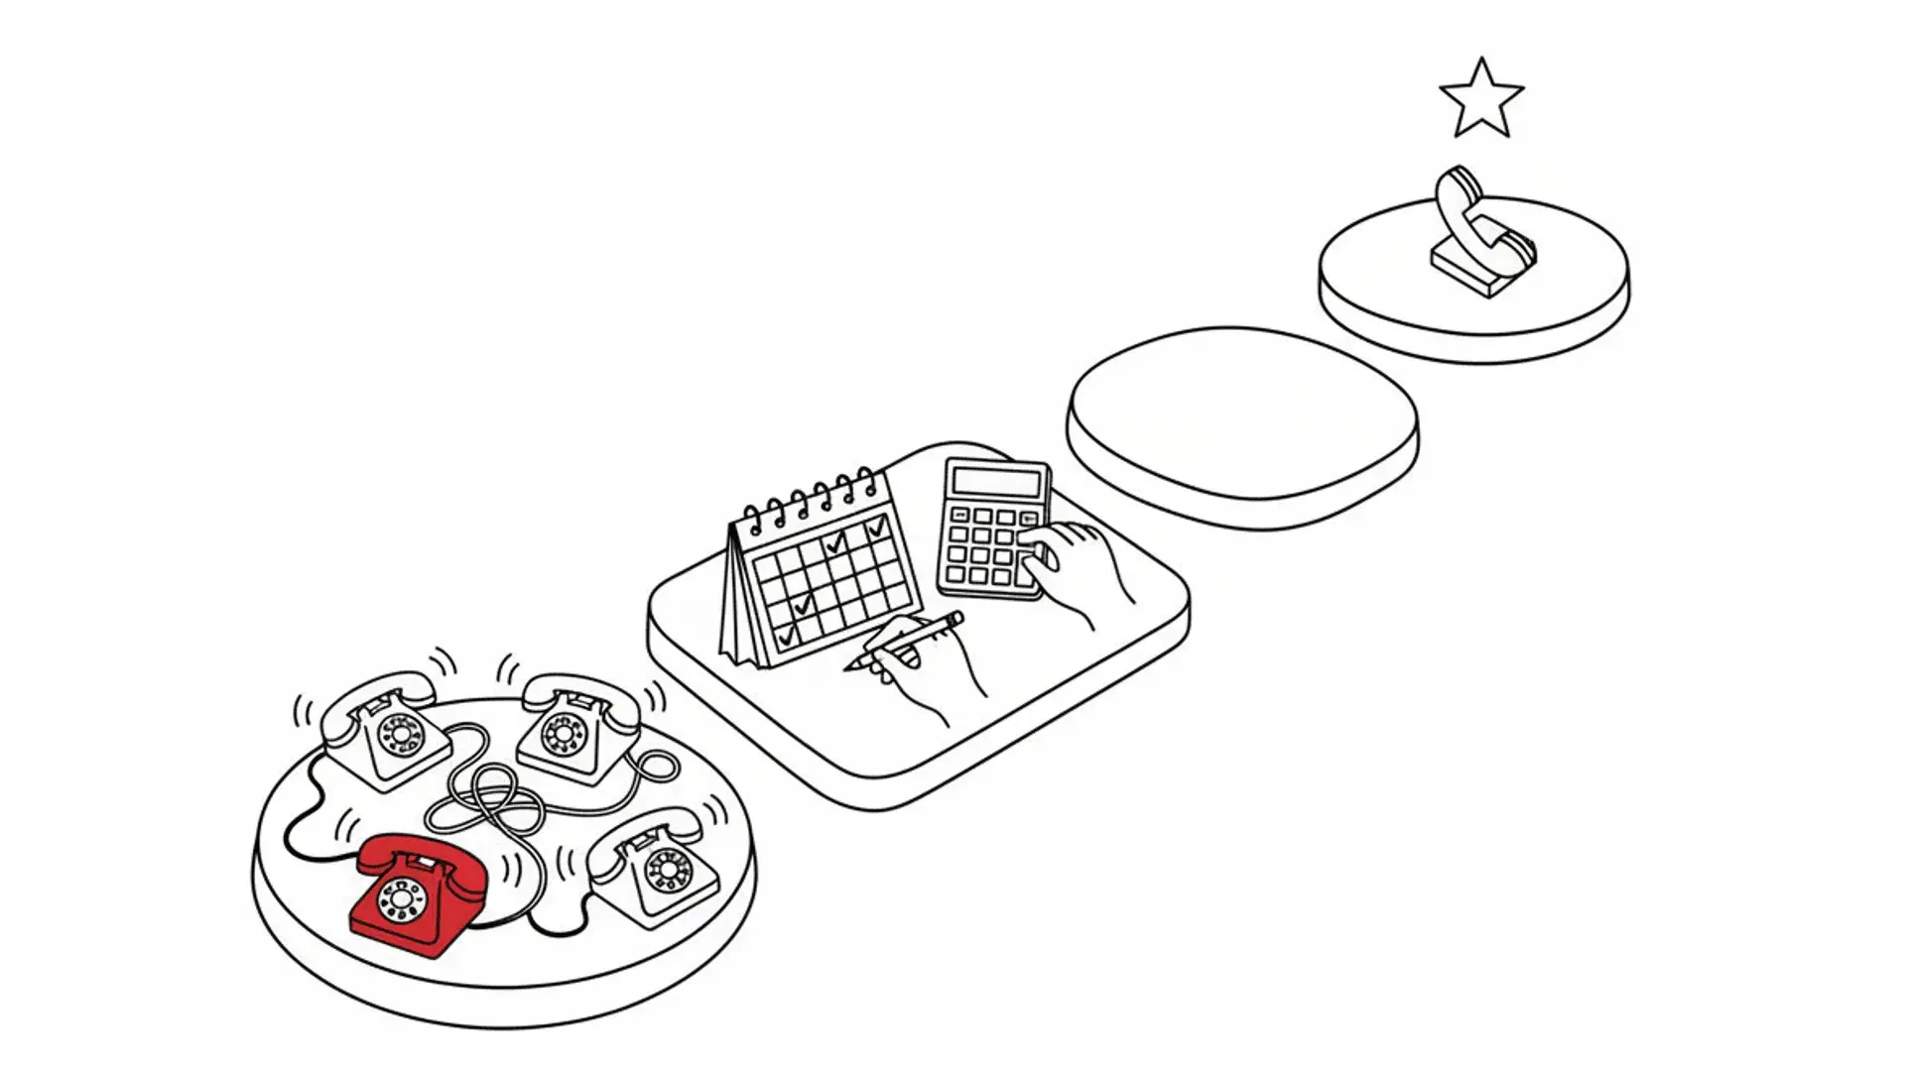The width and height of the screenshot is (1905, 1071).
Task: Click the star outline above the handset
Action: [1480, 99]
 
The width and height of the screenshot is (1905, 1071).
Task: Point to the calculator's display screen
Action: [996, 482]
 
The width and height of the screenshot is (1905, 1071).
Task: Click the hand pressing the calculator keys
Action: [1077, 565]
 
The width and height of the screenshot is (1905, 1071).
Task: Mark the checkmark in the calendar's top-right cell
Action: [877, 530]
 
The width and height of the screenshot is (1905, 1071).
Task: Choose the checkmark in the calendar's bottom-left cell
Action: [786, 636]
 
